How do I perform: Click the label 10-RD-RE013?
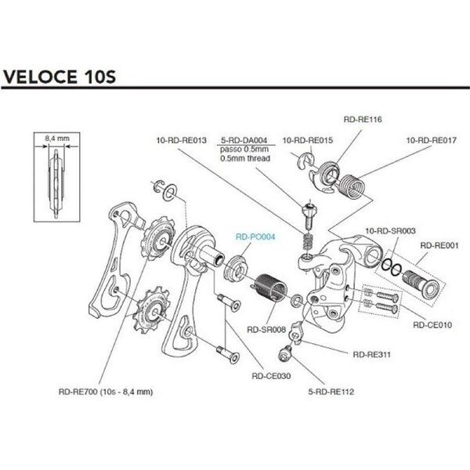coord(181,141)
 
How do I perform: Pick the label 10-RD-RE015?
coord(307,141)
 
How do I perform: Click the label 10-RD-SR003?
coord(390,232)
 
